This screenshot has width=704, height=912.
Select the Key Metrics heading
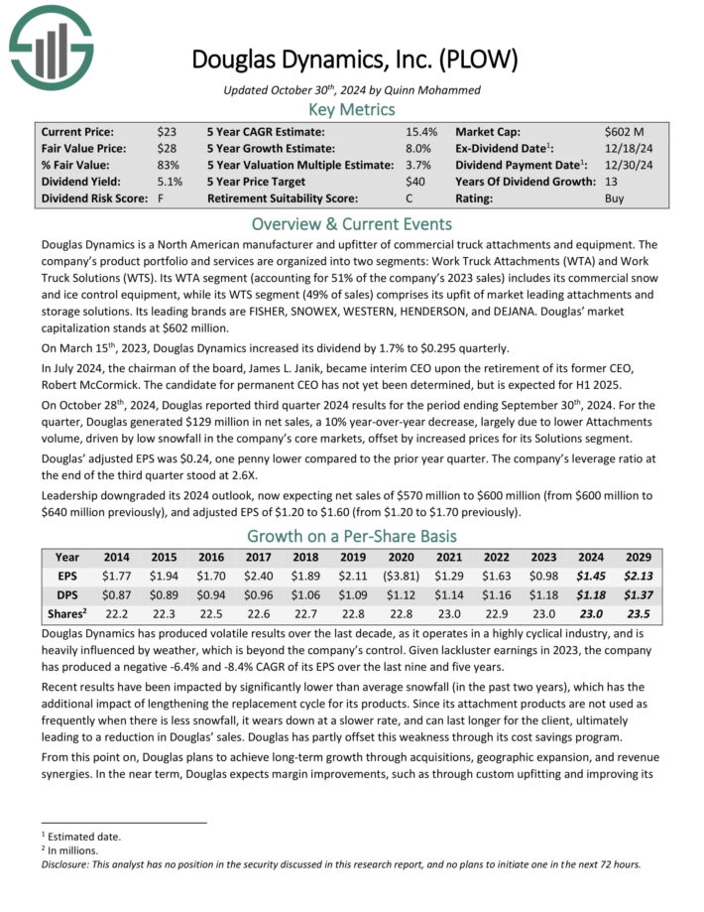coord(352,109)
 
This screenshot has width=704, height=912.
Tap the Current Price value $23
coord(166,131)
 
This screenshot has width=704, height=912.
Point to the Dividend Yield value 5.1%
coord(169,182)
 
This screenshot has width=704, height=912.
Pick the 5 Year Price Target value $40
coord(415,182)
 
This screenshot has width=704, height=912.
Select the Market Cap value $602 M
coord(626,131)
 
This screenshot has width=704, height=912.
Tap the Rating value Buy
coord(615,198)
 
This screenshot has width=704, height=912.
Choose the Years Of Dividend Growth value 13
coord(611,182)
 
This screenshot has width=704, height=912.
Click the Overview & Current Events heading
coord(352,223)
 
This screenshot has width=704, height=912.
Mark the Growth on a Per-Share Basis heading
coord(352,537)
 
